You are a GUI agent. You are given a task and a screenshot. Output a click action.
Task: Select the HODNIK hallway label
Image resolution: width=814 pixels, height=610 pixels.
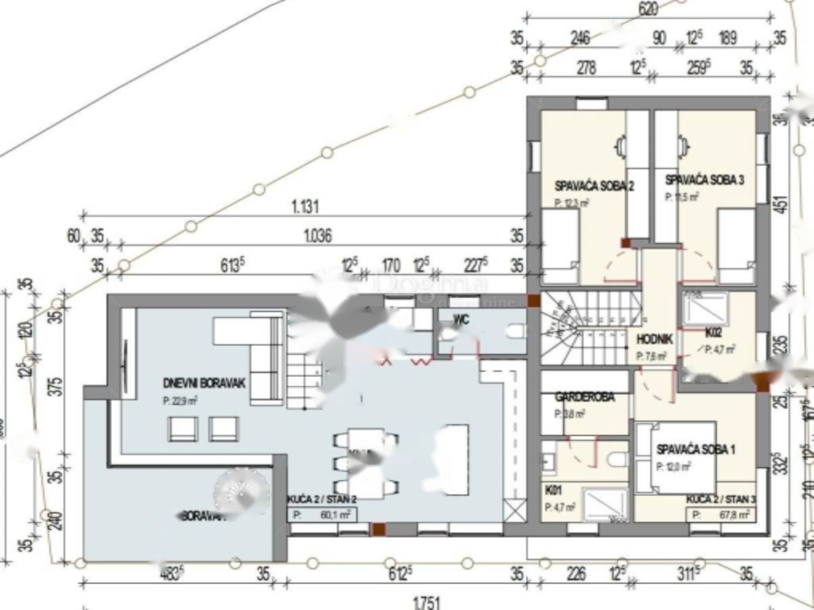655,339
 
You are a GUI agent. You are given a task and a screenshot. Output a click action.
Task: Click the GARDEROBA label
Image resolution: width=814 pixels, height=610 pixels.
584,396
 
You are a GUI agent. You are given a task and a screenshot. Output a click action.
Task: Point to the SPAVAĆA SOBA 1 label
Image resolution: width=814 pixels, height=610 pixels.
696,450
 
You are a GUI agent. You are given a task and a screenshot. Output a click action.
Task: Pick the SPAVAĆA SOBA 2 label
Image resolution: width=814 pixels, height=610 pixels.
594,187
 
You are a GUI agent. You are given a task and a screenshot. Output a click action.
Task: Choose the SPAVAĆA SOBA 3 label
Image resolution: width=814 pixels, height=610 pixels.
704,180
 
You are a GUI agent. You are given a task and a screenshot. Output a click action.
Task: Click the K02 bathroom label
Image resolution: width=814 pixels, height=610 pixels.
713,333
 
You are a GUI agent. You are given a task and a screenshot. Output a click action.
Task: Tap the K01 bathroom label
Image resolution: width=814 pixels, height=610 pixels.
554,489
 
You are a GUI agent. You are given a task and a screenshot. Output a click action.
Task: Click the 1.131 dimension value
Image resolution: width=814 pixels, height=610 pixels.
305,207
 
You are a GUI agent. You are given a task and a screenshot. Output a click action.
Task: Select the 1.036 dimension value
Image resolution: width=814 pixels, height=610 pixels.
317,235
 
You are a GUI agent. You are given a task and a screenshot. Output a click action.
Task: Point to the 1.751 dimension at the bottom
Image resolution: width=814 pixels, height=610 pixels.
426,603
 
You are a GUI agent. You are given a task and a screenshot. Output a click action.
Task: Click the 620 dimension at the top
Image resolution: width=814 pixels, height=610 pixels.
649,10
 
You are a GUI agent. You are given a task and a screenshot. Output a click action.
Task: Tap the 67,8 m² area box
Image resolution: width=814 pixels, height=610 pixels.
720,515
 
